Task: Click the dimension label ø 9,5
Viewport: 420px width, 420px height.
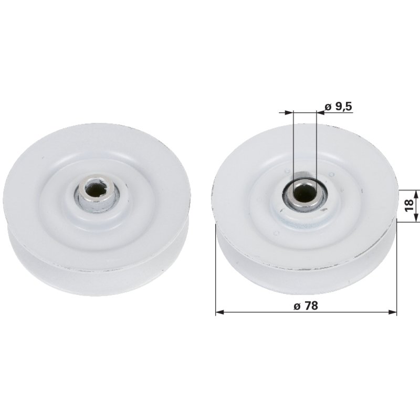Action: click(338, 107)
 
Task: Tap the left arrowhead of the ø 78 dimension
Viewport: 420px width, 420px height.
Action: click(219, 312)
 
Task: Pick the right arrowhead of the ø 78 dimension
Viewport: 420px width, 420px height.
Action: click(393, 312)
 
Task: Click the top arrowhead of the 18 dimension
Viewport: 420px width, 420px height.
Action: click(415, 193)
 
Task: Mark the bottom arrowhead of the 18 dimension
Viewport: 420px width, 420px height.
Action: click(415, 218)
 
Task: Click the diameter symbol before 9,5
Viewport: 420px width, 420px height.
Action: click(327, 107)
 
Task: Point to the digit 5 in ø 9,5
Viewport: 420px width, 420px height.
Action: click(348, 107)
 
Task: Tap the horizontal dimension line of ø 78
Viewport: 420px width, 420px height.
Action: click(262, 312)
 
